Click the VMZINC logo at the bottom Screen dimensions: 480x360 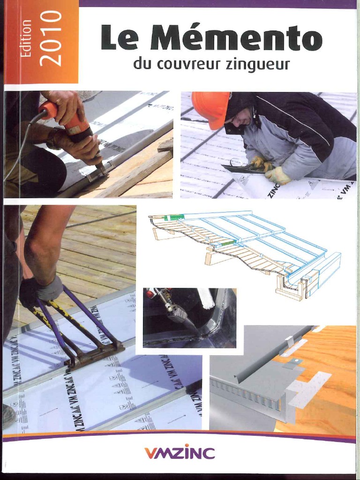click(180, 453)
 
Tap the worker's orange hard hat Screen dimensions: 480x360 click(210, 108)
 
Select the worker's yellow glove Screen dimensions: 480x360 click(277, 175)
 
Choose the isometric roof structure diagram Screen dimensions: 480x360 click(244, 253)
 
